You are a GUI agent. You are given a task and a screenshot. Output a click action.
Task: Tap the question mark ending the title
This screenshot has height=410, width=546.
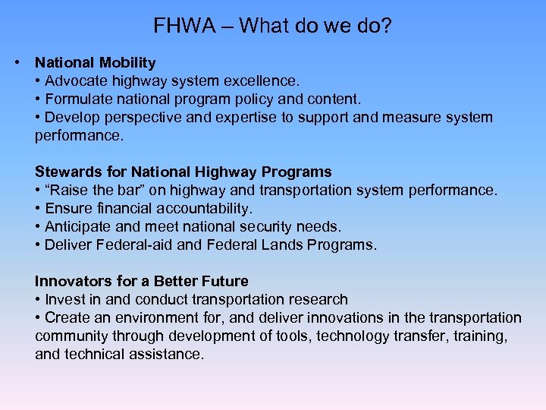(387, 27)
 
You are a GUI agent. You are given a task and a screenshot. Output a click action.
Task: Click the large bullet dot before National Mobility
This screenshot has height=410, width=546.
(16, 61)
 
